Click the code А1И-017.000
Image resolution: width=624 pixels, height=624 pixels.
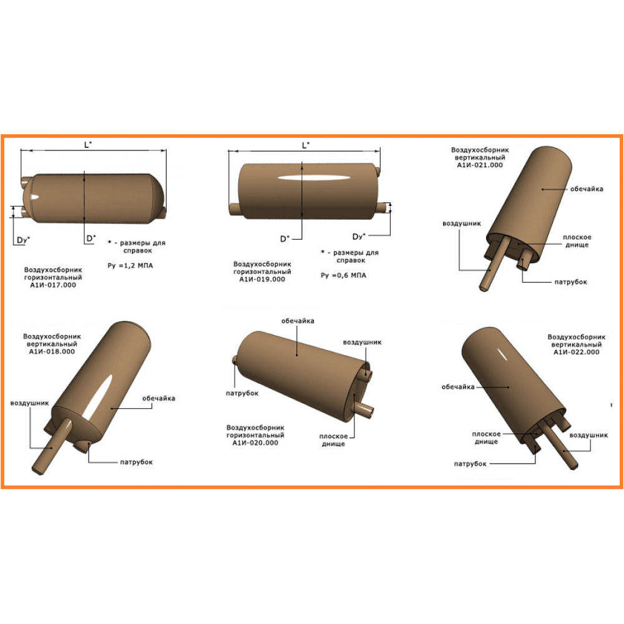click(x=53, y=285)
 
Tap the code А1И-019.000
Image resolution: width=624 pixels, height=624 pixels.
click(x=262, y=280)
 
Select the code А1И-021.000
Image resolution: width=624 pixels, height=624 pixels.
click(x=480, y=165)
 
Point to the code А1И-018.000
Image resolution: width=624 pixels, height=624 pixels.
click(x=52, y=351)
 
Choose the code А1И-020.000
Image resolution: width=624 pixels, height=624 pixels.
click(x=255, y=442)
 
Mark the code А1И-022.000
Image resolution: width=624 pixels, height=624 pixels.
click(x=576, y=352)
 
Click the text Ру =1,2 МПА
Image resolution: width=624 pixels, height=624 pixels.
click(x=130, y=265)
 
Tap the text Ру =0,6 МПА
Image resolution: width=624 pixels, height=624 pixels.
click(x=343, y=275)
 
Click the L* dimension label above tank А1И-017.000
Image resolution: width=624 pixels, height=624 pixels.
click(x=88, y=145)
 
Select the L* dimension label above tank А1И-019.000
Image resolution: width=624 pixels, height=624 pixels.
click(x=306, y=145)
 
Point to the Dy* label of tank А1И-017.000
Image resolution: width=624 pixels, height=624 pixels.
click(x=23, y=240)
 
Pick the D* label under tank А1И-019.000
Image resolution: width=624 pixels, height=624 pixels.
click(x=285, y=239)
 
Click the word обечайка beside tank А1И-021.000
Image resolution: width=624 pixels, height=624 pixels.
click(x=587, y=189)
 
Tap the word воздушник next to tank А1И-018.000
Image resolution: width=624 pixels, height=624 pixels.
click(x=29, y=403)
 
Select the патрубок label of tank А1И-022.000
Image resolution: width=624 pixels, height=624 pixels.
click(x=470, y=464)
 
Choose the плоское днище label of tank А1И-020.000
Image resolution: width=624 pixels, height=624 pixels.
click(x=333, y=440)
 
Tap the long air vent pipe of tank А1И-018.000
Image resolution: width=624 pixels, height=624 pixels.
click(x=52, y=447)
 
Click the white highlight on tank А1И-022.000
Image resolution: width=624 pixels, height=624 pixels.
click(x=502, y=354)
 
